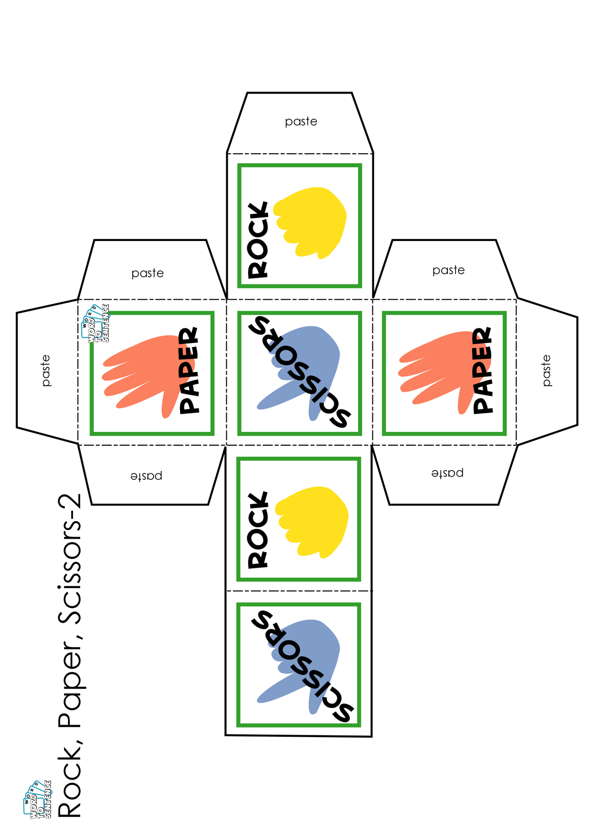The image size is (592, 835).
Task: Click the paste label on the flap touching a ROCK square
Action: (301, 122)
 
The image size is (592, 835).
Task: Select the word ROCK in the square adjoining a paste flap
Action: (258, 240)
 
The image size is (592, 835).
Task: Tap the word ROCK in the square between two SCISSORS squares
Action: (258, 530)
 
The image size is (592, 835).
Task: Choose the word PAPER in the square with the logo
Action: (189, 370)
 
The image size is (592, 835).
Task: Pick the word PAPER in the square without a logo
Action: (483, 370)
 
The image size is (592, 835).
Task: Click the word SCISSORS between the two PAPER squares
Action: (300, 372)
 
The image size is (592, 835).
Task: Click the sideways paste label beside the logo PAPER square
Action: (46, 370)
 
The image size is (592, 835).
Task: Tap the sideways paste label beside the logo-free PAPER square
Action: (546, 370)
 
